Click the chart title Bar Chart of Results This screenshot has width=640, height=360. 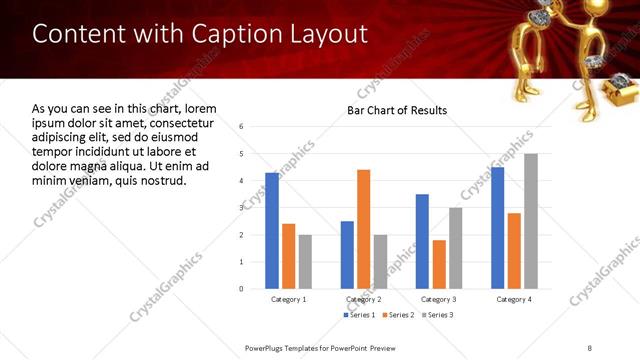point(396,110)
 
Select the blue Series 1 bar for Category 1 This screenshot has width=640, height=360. point(272,230)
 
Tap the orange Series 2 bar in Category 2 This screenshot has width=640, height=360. point(363,229)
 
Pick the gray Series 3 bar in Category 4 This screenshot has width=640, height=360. point(530,221)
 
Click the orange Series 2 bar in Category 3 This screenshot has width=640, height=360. point(438,264)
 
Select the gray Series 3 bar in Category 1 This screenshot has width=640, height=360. point(305,261)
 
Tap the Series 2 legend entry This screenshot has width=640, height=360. point(399,315)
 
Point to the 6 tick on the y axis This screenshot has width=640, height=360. point(241,127)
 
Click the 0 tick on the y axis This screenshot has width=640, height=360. point(241,288)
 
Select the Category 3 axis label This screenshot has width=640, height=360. point(438,299)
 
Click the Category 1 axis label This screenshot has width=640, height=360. point(289,299)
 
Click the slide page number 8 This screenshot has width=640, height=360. point(590,347)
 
